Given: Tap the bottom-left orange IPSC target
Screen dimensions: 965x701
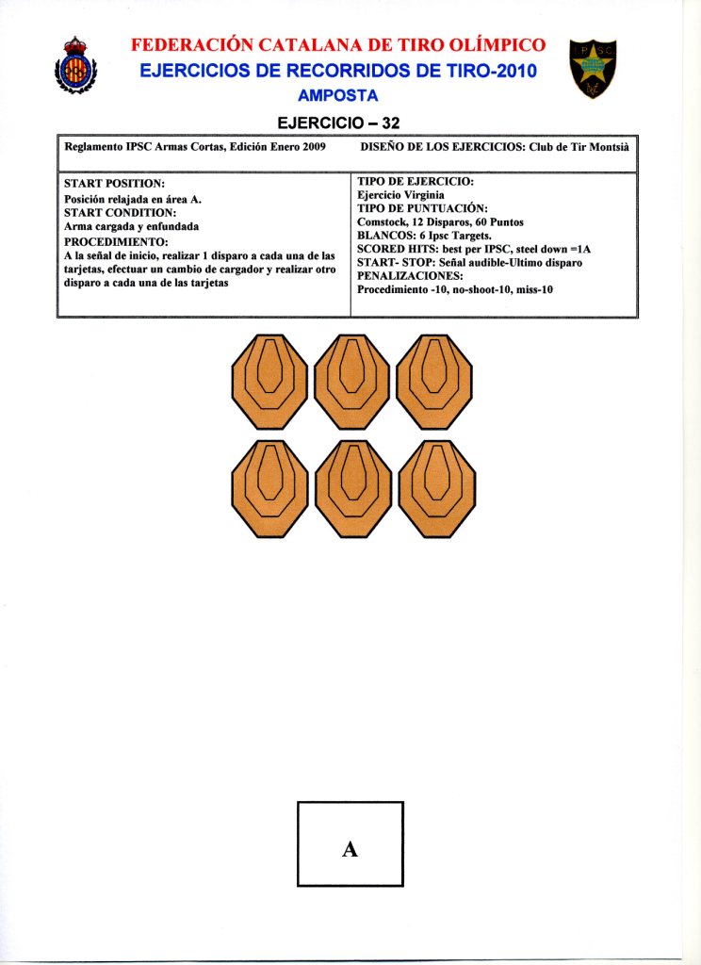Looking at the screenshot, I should point(269,488).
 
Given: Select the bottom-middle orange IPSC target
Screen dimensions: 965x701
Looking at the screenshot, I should point(352,488).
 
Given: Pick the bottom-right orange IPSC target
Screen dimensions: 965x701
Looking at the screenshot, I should point(434,488).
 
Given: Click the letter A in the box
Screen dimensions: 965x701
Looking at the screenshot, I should point(350,848).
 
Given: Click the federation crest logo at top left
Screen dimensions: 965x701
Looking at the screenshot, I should point(74,65).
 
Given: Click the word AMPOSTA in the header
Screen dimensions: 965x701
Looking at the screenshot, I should point(337,95).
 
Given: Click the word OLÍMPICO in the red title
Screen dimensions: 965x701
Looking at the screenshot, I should point(483,45).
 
